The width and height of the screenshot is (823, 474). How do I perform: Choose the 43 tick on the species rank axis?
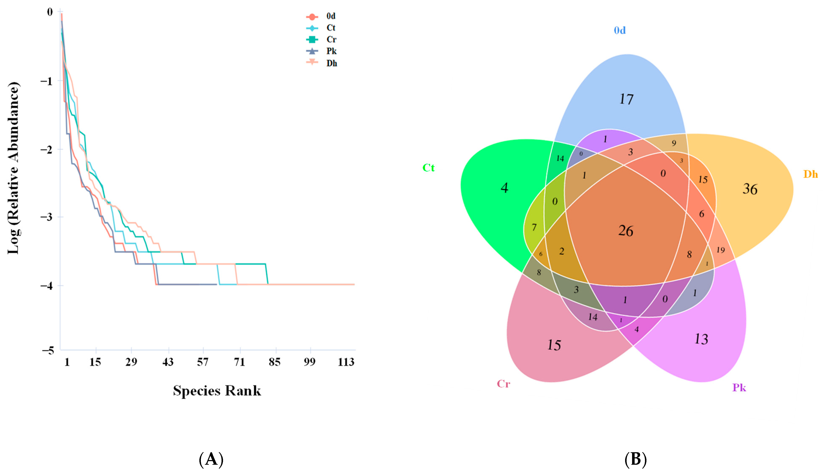(168, 362)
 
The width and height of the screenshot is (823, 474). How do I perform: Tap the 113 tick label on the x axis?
(346, 362)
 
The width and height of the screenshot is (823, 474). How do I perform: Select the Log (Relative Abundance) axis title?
(14, 168)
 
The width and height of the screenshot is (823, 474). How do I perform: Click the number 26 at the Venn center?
(626, 231)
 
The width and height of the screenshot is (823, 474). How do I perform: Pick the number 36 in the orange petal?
(750, 189)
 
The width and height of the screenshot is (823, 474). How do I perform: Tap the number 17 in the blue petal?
(626, 99)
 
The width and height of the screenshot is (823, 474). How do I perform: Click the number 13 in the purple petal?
(701, 339)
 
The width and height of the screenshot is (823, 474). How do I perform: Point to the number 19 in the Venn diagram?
(721, 250)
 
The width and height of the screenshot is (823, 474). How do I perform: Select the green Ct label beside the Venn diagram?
(429, 168)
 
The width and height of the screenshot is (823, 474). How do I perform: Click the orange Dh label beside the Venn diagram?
(810, 175)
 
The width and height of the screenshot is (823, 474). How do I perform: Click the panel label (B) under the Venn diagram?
(635, 460)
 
